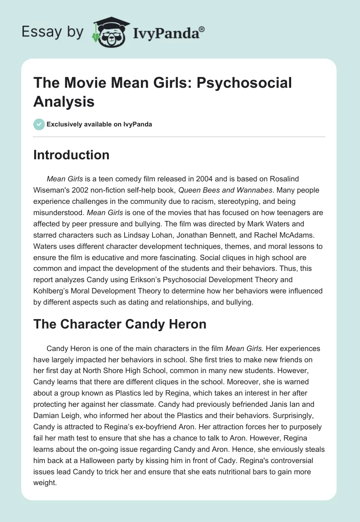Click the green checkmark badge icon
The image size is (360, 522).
click(x=40, y=124)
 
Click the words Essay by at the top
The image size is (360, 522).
click(x=53, y=32)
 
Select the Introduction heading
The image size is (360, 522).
click(x=72, y=155)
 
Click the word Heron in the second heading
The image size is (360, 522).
click(x=183, y=324)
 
